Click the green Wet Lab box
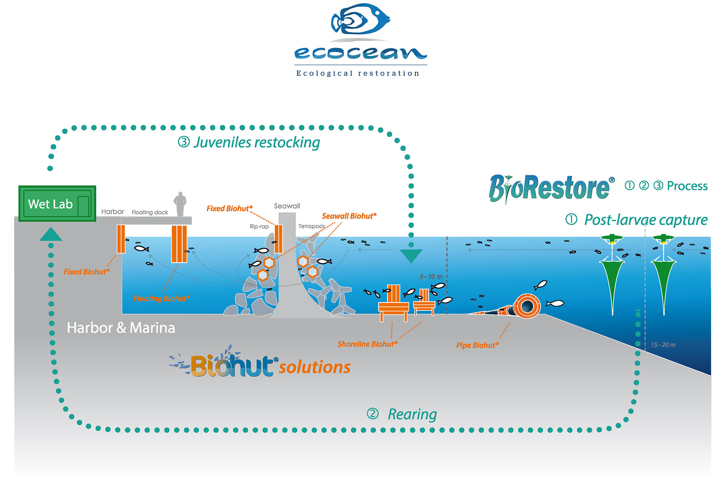pyautogui.click(x=57, y=204)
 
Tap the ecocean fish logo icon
pyautogui.click(x=360, y=19)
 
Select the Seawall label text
pyautogui.click(x=287, y=206)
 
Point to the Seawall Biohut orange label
pyautogui.click(x=349, y=216)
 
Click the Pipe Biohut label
pyautogui.click(x=477, y=345)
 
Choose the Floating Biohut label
pyautogui.click(x=161, y=299)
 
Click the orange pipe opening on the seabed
pyautogui.click(x=527, y=306)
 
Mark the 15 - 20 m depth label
pyautogui.click(x=663, y=345)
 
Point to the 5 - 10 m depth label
pyautogui.click(x=431, y=277)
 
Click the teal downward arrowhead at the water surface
pyautogui.click(x=411, y=255)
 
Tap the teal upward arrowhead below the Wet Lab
pyautogui.click(x=51, y=234)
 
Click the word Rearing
pyautogui.click(x=412, y=414)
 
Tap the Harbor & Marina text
pyautogui.click(x=121, y=328)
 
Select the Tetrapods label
pyautogui.click(x=311, y=226)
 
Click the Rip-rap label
pyautogui.click(x=259, y=226)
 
